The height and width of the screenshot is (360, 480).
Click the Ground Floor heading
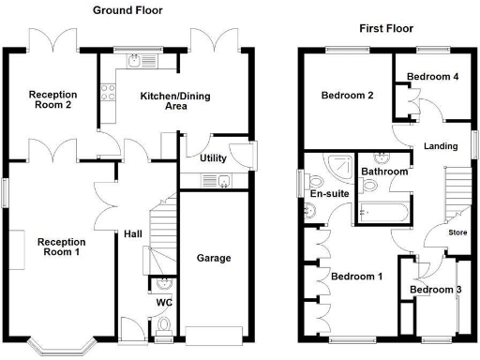click(x=127, y=10)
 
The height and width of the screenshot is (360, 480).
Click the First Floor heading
click(x=385, y=29)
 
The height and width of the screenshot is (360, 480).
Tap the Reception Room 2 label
click(x=53, y=99)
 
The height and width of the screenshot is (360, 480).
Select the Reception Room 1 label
click(x=61, y=247)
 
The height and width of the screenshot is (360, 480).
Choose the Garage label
click(x=213, y=258)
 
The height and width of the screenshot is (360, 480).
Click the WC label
click(x=164, y=303)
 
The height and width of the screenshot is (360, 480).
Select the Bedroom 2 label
click(x=348, y=96)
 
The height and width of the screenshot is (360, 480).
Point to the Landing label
click(x=440, y=146)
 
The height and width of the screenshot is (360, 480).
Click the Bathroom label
click(x=384, y=172)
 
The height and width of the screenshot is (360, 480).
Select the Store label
click(x=457, y=232)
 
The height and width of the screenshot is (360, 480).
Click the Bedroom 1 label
click(x=357, y=277)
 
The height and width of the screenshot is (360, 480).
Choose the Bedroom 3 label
click(x=436, y=291)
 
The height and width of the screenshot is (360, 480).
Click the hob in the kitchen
click(x=108, y=92)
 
